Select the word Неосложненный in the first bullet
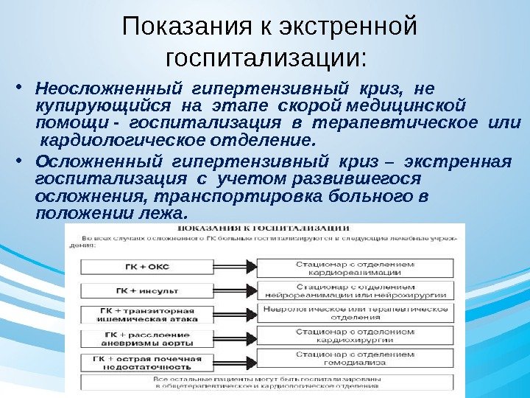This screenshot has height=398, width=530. click(x=93, y=90)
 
